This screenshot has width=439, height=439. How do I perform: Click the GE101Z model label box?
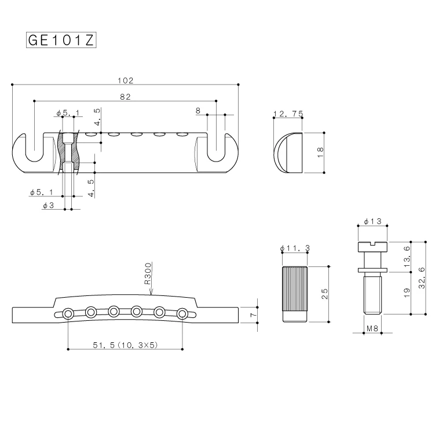click(61, 40)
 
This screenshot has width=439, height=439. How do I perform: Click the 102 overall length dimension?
click(126, 81)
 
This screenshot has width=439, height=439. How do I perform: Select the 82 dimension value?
click(125, 97)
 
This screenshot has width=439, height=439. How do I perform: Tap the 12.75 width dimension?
click(288, 114)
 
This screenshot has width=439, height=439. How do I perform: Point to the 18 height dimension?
click(320, 152)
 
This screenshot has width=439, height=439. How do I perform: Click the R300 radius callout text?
click(148, 273)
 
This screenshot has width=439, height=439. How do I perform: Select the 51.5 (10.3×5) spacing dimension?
click(125, 345)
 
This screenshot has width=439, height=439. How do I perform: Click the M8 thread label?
click(372, 328)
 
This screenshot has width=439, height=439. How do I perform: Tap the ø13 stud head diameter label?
click(372, 221)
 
